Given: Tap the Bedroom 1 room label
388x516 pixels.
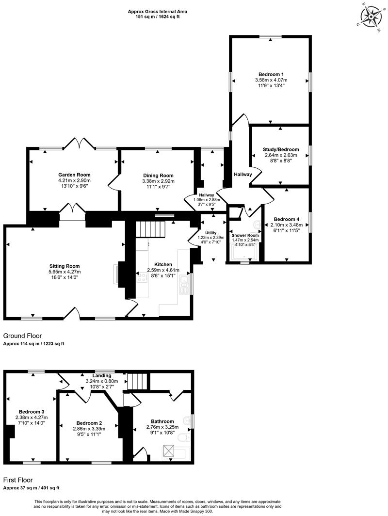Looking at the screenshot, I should click(270, 74).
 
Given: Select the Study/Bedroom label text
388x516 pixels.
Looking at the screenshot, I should click(282, 149).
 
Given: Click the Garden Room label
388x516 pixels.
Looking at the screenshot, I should click(74, 175).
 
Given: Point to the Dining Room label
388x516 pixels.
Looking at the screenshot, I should click(158, 176).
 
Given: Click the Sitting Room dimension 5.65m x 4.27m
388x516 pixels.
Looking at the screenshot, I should click(65, 272).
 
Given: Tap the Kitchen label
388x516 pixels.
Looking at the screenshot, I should click(156, 264).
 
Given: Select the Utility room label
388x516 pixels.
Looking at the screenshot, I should click(210, 233).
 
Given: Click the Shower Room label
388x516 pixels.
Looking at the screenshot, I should click(245, 235).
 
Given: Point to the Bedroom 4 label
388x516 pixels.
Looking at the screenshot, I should click(286, 219).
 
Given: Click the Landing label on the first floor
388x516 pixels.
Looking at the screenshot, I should click(102, 375).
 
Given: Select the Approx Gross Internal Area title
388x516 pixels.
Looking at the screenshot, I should click(158, 11).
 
